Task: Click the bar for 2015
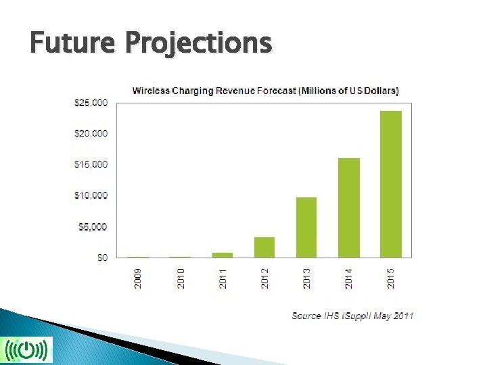tap(391, 184)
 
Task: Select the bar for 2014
tap(349, 208)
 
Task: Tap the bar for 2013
tap(306, 227)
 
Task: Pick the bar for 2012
tap(264, 247)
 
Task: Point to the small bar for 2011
tap(223, 255)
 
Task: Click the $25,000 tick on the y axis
tap(90, 103)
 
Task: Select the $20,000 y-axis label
tap(90, 134)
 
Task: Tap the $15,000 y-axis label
tap(90, 165)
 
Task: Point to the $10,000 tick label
tap(90, 196)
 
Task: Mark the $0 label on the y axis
tap(100, 258)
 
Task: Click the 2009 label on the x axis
tap(139, 278)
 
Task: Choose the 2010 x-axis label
tap(181, 278)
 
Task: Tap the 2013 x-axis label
tap(307, 278)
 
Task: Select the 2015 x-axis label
tap(392, 278)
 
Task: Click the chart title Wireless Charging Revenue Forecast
tap(265, 90)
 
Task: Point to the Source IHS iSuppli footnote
tap(352, 316)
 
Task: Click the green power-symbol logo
tap(26, 349)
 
